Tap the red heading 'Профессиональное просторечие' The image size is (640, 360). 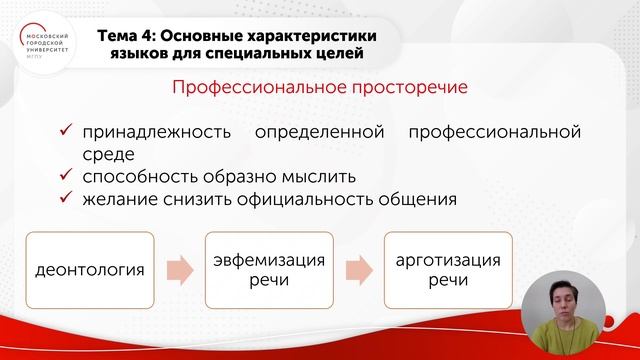(x=321, y=88)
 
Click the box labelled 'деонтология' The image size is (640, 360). (x=89, y=270)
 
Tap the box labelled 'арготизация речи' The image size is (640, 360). (x=448, y=270)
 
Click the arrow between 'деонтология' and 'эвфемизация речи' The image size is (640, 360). (x=179, y=270)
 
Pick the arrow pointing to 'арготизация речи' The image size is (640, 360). (x=358, y=270)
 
